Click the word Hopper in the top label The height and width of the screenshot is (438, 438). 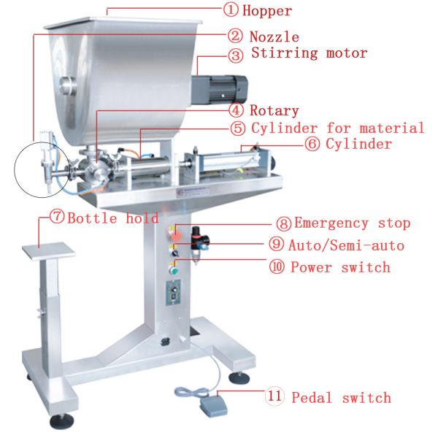267,12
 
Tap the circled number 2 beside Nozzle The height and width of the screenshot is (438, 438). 235,36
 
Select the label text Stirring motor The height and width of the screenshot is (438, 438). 310,53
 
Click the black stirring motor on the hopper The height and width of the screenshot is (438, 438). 219,90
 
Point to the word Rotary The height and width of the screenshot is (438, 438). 274,110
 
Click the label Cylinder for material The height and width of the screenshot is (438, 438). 338,128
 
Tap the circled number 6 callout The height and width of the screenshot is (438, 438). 312,145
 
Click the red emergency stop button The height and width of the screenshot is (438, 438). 177,236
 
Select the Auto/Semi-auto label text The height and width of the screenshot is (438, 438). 346,245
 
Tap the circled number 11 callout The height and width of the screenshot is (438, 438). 274,396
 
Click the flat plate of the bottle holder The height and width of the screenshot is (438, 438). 49,251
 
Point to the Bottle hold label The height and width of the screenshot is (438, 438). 113,218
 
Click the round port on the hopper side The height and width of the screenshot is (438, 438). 68,85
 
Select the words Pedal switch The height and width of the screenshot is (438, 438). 341,398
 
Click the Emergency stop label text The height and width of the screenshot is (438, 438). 353,223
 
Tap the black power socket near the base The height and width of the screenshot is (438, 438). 166,342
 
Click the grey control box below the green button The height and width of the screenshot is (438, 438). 174,293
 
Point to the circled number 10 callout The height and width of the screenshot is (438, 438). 277,266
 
